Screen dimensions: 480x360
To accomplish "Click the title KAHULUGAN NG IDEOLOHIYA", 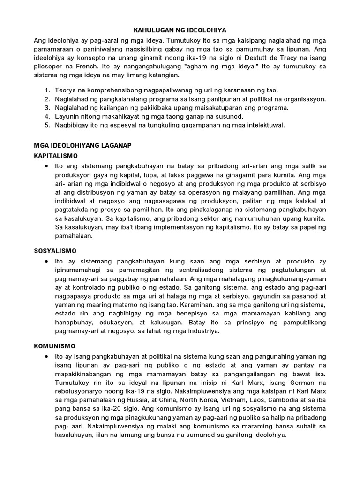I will (x=180, y=30).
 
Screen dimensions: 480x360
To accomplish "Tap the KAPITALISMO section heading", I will (x=56, y=155).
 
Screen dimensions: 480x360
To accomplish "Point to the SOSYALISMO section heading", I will (x=55, y=251).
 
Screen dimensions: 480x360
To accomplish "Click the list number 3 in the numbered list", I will (x=47, y=107).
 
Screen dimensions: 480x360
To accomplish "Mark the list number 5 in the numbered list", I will (x=47, y=125).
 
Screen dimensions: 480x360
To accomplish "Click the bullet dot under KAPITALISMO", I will (x=45, y=166).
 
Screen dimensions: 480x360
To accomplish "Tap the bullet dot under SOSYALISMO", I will (x=45, y=261).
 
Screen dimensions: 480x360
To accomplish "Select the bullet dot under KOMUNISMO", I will (x=45, y=357).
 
